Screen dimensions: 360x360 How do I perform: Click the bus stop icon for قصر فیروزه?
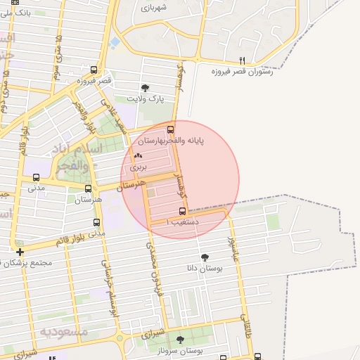[x=94, y=70]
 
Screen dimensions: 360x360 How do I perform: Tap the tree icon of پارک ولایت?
[x=146, y=88]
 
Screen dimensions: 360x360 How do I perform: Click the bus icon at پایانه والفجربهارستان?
[x=171, y=129]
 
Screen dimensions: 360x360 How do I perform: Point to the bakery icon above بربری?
[x=137, y=157]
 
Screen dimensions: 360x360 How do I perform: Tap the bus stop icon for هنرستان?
[x=88, y=188]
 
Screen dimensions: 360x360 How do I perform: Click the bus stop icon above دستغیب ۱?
[x=183, y=211]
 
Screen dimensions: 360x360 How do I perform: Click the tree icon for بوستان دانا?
[x=205, y=257]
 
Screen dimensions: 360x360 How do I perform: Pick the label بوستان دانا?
[x=200, y=268]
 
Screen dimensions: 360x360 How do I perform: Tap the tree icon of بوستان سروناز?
[x=180, y=340]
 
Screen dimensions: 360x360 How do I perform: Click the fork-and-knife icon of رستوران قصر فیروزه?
[x=243, y=60]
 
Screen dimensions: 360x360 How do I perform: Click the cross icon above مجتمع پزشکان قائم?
[x=20, y=252]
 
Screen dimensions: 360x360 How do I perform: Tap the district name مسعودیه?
[x=63, y=331]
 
